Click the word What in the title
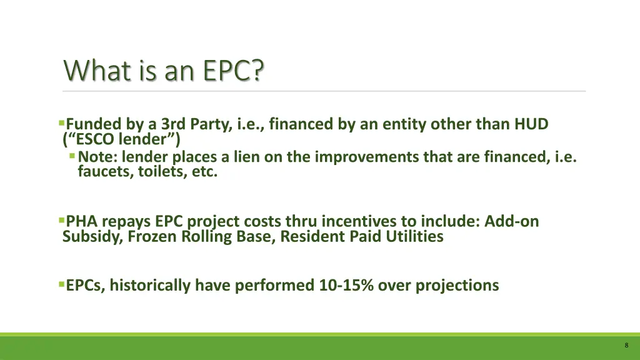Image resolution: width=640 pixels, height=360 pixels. click(x=87, y=70)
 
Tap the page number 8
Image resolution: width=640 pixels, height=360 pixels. click(x=626, y=346)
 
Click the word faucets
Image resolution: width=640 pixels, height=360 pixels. click(x=102, y=171)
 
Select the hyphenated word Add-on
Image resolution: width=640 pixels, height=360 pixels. click(x=511, y=221)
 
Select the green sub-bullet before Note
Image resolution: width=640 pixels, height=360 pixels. click(x=73, y=156)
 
